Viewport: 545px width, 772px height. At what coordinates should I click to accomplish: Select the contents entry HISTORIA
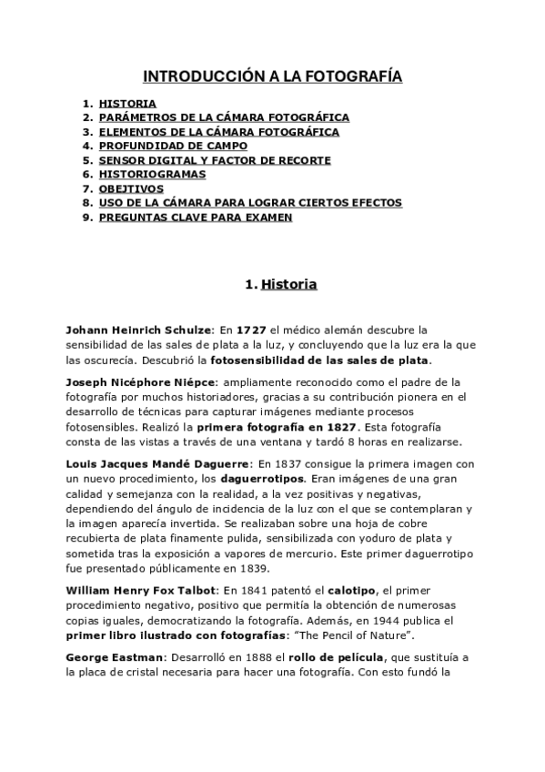[127, 104]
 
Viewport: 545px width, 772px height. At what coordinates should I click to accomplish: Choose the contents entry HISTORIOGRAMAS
[152, 174]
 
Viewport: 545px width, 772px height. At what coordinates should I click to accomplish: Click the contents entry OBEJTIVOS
[131, 188]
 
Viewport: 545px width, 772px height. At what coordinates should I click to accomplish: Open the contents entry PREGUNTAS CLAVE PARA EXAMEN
[195, 217]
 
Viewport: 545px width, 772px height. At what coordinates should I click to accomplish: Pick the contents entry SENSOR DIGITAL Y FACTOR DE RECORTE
[215, 160]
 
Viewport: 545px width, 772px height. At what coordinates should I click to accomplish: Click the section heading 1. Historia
[281, 285]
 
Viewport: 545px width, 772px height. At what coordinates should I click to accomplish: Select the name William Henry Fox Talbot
[140, 591]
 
